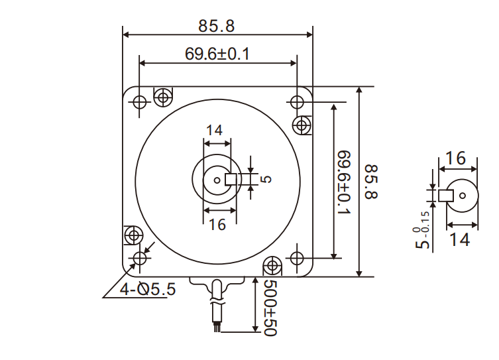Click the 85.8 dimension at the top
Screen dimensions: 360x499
point(217,26)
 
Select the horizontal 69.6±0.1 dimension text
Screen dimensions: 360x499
point(217,54)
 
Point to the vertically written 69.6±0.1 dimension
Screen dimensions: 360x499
point(345,183)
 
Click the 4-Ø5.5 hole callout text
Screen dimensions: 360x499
point(147,289)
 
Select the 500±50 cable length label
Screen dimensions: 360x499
point(269,308)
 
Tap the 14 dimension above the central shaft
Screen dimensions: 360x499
point(213,131)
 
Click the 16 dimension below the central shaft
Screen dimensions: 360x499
point(217,225)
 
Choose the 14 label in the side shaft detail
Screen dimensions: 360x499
point(455,239)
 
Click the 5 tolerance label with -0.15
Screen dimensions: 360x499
point(422,229)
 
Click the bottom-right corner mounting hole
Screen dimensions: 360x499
point(296,257)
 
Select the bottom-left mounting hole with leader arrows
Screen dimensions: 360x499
point(139,258)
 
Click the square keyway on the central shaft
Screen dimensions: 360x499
point(232,178)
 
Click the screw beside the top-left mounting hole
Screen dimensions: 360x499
point(162,97)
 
